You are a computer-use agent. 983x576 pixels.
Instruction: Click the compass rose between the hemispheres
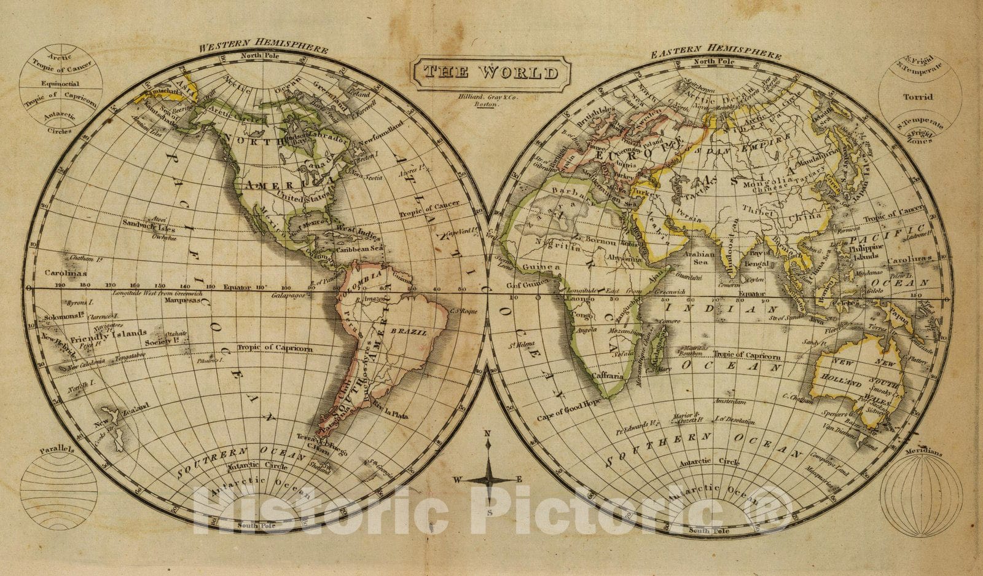coord(490,478)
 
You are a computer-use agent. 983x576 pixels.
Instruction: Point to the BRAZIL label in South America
coord(413,332)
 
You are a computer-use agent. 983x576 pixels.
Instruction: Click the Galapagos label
coord(291,296)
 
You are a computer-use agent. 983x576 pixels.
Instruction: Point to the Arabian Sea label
coord(700,259)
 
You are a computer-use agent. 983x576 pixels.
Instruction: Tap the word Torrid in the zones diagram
coord(918,97)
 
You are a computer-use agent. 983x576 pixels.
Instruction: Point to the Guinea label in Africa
coord(541,268)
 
